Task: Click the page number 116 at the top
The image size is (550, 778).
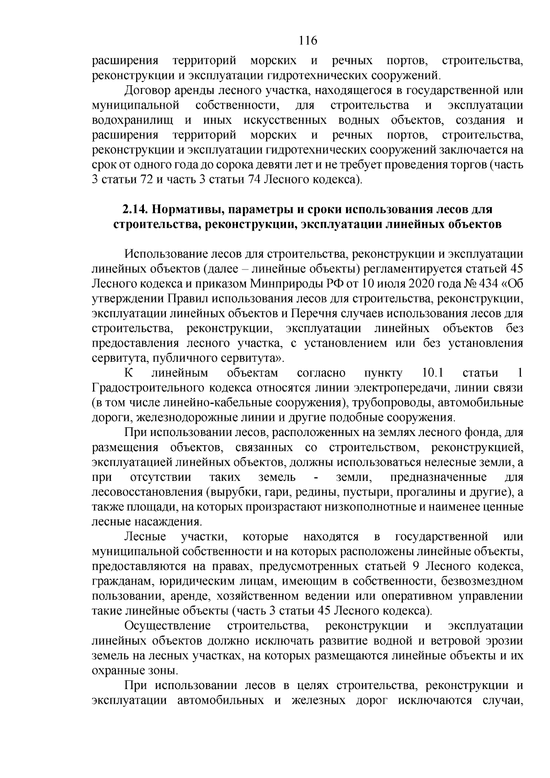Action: click(x=308, y=41)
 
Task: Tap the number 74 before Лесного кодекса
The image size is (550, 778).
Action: click(x=254, y=180)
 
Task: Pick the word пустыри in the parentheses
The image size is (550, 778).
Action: click(x=365, y=492)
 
